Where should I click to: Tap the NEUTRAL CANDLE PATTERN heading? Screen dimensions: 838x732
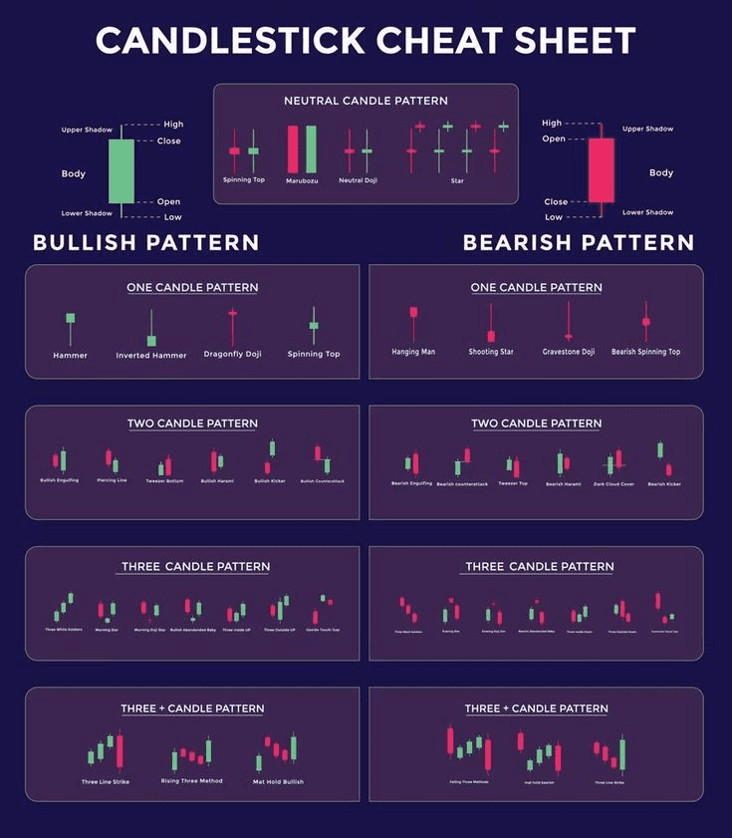tap(366, 101)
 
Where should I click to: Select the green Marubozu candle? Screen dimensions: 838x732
tap(311, 148)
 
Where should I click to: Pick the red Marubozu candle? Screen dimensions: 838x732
tap(293, 148)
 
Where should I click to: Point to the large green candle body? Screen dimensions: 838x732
tap(121, 169)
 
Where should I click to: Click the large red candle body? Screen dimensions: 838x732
tap(601, 169)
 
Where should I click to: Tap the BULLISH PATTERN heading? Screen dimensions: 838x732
tap(146, 242)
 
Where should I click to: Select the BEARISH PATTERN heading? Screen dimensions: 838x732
tap(579, 242)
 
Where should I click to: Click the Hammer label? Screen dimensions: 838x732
tap(70, 355)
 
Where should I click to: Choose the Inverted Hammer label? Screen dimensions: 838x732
tap(151, 355)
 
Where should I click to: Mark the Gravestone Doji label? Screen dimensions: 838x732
tap(569, 352)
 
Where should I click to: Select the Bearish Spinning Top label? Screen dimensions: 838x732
tap(645, 352)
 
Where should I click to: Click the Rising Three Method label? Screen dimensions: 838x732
tap(191, 781)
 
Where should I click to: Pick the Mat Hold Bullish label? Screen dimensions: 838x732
tap(278, 781)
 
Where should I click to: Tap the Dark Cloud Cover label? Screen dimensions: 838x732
tap(612, 483)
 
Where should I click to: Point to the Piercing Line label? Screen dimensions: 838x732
tap(112, 481)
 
